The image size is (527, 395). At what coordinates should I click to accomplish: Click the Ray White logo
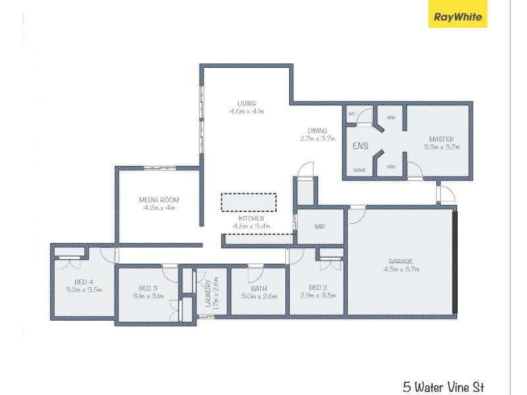tap(458, 18)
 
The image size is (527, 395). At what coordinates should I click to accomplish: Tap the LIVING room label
tap(247, 103)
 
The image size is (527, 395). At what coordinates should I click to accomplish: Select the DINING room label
tap(318, 130)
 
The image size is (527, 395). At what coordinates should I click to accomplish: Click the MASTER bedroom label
tap(441, 139)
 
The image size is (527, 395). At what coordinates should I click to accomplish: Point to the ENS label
tap(360, 146)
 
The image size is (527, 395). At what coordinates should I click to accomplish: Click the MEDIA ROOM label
tap(159, 200)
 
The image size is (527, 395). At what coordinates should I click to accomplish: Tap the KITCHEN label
tap(248, 218)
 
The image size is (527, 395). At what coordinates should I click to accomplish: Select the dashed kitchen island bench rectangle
tap(248, 201)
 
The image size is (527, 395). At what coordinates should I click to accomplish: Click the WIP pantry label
tap(320, 226)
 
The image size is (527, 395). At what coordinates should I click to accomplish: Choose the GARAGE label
tap(401, 261)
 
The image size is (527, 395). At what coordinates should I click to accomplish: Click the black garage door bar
tap(455, 262)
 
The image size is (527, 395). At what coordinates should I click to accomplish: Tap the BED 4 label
tap(84, 282)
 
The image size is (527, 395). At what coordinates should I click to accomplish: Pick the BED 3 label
tap(148, 288)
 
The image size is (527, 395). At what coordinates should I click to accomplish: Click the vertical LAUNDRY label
tap(207, 293)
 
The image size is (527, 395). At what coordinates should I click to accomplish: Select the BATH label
tap(259, 288)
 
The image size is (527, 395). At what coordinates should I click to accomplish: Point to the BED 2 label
tap(318, 288)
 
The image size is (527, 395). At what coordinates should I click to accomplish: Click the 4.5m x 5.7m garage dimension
tap(401, 269)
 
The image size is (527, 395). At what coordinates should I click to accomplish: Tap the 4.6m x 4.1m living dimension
tap(247, 111)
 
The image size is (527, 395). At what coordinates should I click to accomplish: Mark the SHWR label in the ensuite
tap(359, 170)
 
